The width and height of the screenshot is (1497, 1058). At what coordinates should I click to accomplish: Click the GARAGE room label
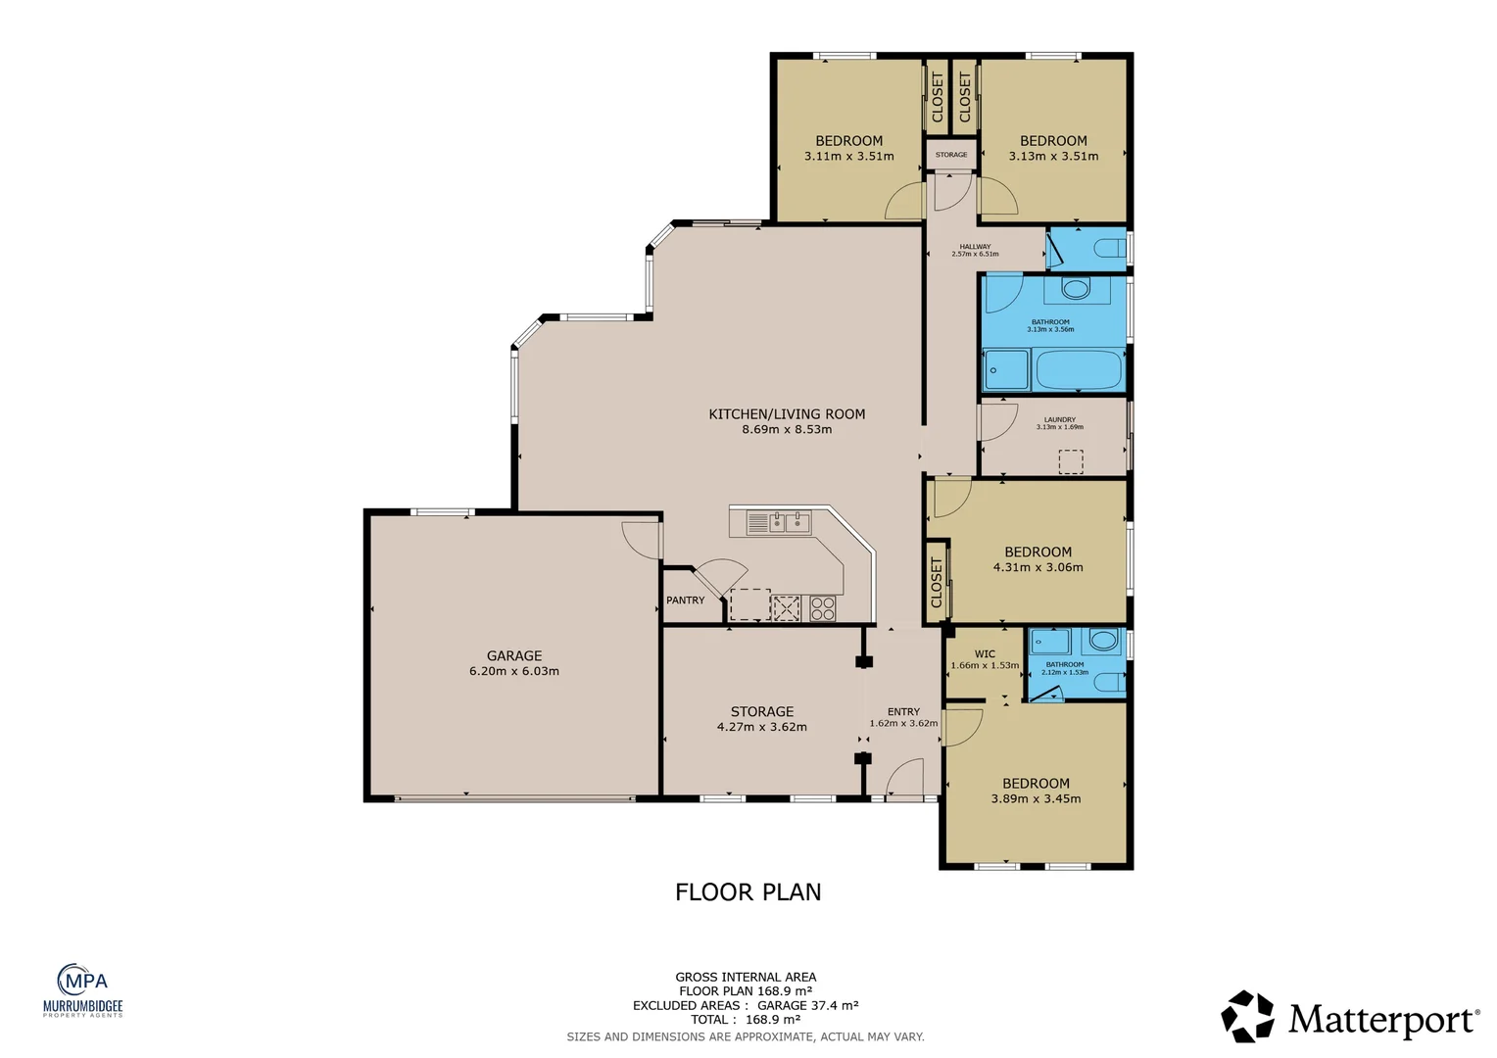pyautogui.click(x=514, y=655)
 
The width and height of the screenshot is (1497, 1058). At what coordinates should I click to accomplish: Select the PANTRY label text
pyautogui.click(x=685, y=600)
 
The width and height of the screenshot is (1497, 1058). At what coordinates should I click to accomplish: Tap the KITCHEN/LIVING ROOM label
pyautogui.click(x=787, y=414)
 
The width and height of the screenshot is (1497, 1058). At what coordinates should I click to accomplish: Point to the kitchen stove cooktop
pyautogui.click(x=822, y=608)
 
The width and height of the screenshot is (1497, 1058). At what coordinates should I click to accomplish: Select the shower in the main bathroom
pyautogui.click(x=1006, y=371)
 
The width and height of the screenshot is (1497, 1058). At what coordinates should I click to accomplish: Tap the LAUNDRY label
pyautogui.click(x=1059, y=419)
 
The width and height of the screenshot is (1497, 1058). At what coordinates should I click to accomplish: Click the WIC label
pyautogui.click(x=985, y=653)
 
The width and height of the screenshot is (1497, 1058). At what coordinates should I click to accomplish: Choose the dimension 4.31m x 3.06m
pyautogui.click(x=1038, y=567)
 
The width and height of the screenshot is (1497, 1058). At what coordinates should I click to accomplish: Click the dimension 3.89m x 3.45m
pyautogui.click(x=1036, y=798)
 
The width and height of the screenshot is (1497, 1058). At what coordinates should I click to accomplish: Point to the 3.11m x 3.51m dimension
pyautogui.click(x=848, y=156)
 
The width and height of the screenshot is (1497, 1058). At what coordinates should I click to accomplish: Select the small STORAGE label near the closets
pyautogui.click(x=950, y=155)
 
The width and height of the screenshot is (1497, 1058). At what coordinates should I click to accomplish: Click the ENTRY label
pyautogui.click(x=903, y=712)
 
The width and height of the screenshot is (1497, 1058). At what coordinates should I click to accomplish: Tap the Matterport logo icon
pyautogui.click(x=1247, y=1016)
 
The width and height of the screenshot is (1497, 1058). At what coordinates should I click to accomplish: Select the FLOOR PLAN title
pyautogui.click(x=748, y=891)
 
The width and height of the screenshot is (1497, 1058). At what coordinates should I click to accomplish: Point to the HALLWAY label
pyautogui.click(x=975, y=247)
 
